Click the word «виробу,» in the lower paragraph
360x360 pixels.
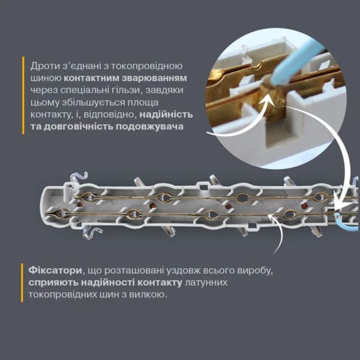[252, 269]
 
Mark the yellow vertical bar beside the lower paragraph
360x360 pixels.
[23, 281]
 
